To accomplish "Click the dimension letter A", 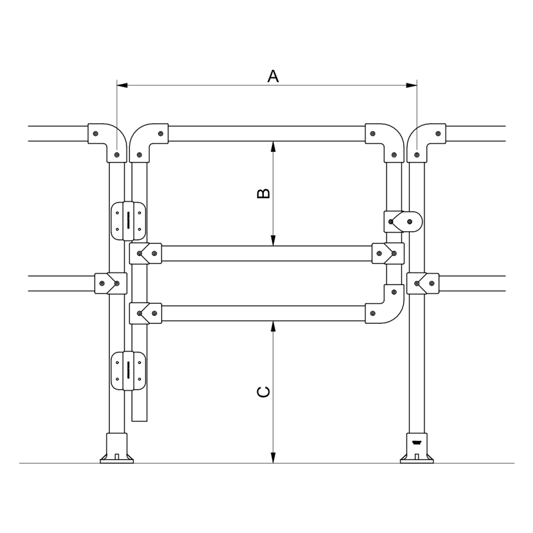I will click(x=272, y=76).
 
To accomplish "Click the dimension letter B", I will click(x=264, y=193).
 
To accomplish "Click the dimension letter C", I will click(x=264, y=392).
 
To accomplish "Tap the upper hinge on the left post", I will click(x=129, y=221).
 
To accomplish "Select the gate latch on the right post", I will click(x=404, y=221).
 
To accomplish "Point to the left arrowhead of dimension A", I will click(x=121, y=85).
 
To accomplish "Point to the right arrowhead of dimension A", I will click(x=412, y=85).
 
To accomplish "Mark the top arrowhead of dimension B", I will click(x=273, y=145).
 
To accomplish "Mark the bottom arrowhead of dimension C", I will click(x=273, y=458).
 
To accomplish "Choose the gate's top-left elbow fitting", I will click(x=148, y=139).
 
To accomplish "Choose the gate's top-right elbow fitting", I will click(x=385, y=139).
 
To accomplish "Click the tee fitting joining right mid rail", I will click(x=423, y=283).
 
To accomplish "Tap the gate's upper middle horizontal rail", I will click(x=266, y=254).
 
